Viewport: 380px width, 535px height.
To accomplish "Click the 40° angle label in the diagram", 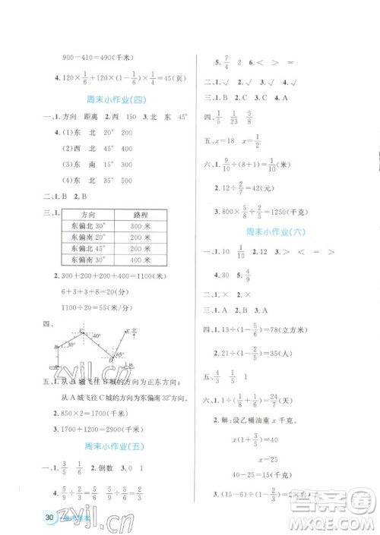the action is point(97,335).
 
